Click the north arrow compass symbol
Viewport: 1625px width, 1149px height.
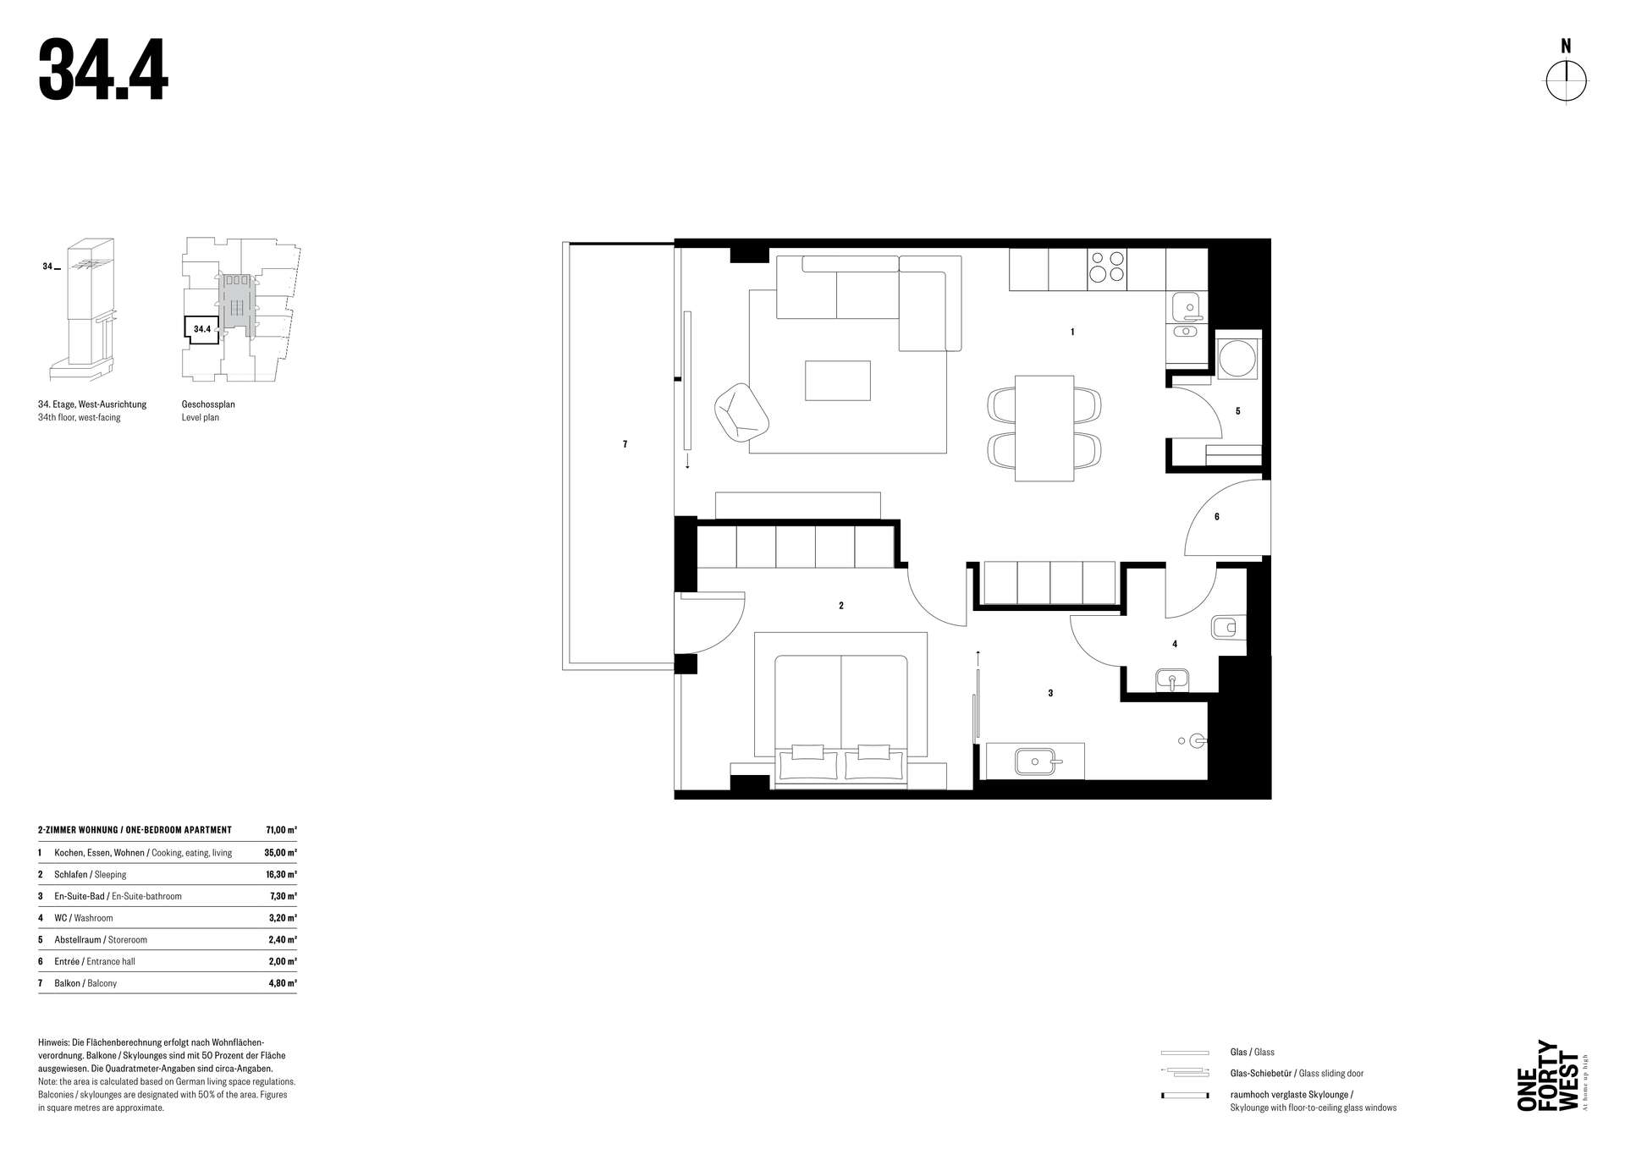pos(1567,81)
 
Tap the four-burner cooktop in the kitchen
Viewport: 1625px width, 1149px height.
pos(1107,267)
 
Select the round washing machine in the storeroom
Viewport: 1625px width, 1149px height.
pos(1238,357)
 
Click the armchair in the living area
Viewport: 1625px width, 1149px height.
pos(741,412)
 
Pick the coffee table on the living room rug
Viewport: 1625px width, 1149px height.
pos(837,380)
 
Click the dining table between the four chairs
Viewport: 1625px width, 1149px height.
pos(1045,428)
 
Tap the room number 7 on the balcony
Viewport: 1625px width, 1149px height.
pos(625,444)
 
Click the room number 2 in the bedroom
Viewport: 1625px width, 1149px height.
pos(840,606)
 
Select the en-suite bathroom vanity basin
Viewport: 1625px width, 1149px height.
pos(1033,761)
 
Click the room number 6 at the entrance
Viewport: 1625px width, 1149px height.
pos(1217,517)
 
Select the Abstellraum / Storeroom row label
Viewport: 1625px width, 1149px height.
pos(101,940)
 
